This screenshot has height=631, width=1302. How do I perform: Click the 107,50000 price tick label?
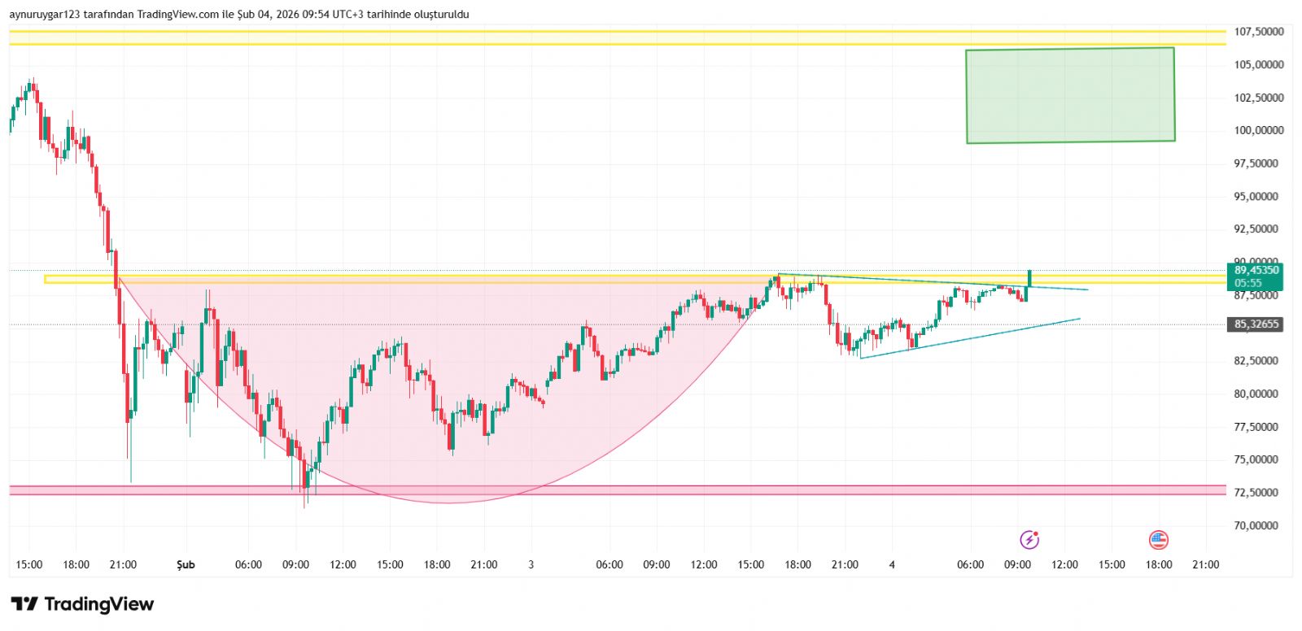1258,32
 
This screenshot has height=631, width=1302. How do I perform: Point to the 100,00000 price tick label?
1258,130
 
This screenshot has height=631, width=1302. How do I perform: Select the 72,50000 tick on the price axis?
1258,493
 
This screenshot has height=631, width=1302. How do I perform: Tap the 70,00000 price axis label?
1258,525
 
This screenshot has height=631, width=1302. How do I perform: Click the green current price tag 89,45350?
1256,271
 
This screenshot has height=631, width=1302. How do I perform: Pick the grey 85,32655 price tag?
1256,324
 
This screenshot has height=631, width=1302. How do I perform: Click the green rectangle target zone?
1070,95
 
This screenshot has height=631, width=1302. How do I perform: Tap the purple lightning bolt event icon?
1029,539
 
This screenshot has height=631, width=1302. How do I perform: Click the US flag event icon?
1158,539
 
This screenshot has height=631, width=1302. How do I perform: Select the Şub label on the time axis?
186,564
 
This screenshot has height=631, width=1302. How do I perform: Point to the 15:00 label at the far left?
29,564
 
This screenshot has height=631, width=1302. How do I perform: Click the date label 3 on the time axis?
531,564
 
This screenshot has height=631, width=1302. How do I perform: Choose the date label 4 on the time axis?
892,564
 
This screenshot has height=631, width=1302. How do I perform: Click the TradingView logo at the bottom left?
82,604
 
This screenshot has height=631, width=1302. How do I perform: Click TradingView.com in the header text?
178,15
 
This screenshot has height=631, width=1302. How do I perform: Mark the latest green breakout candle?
1029,278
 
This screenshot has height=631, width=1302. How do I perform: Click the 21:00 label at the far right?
1205,564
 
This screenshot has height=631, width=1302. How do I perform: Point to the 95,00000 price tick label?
1258,196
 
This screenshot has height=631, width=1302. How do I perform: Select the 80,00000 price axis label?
1258,394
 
